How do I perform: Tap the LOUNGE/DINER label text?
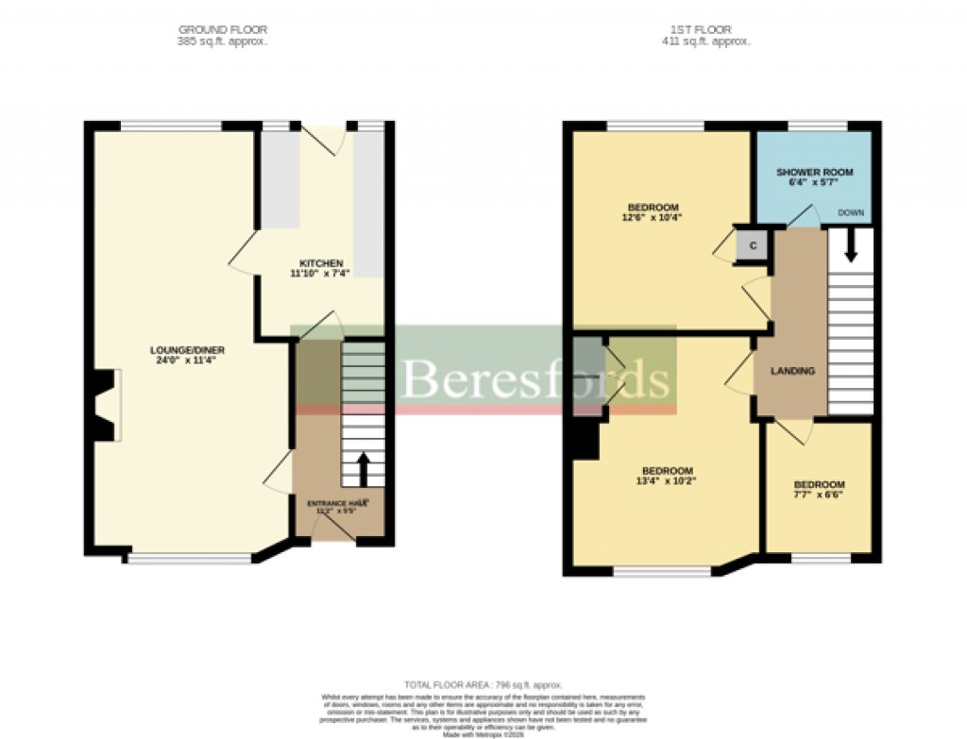[x=188, y=349]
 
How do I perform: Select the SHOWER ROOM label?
[x=814, y=172]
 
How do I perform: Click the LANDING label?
[x=792, y=371]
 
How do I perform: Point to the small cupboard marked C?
[x=753, y=245]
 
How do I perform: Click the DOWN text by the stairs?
[x=851, y=213]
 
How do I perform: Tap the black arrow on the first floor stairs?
[x=851, y=247]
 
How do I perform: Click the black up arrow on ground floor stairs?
[x=364, y=467]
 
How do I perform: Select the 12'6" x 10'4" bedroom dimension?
[x=652, y=217]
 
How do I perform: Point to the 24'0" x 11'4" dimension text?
[x=188, y=360]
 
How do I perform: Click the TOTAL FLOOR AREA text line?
[x=483, y=684]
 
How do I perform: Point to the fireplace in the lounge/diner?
[x=106, y=406]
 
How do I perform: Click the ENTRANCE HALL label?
[x=337, y=504]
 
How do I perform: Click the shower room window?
[x=817, y=126]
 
